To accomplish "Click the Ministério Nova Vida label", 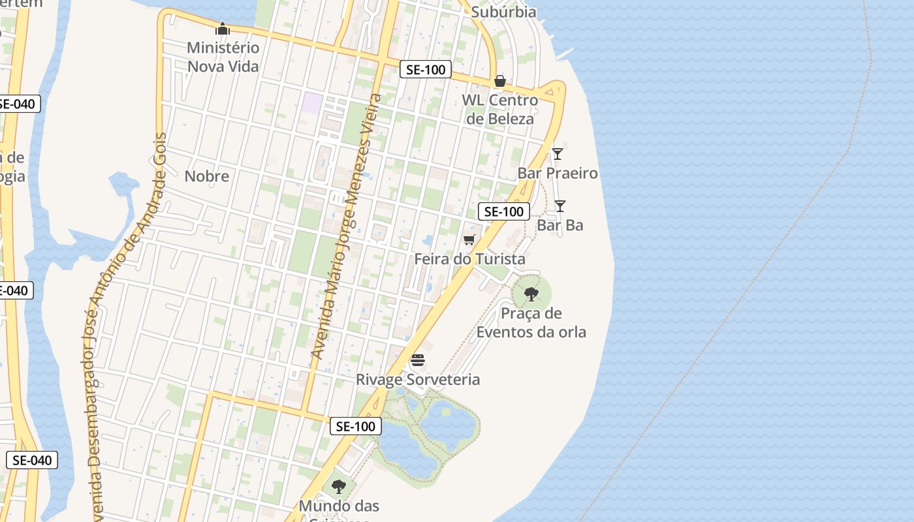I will pyautogui.click(x=223, y=57).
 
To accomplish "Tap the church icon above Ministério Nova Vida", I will pyautogui.click(x=223, y=29).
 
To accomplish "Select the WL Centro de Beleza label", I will pyautogui.click(x=500, y=109).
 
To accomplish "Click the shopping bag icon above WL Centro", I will pyautogui.click(x=500, y=81).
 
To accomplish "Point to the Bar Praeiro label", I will pyautogui.click(x=558, y=173).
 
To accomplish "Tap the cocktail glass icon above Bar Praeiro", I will pyautogui.click(x=558, y=154).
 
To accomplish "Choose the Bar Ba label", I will pyautogui.click(x=560, y=225).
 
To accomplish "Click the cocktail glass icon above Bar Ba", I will pyautogui.click(x=560, y=206).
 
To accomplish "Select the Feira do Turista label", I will pyautogui.click(x=469, y=259).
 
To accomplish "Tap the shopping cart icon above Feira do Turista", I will pyautogui.click(x=469, y=239).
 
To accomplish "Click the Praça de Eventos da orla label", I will pyautogui.click(x=531, y=322).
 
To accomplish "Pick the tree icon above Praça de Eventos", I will pyautogui.click(x=531, y=294).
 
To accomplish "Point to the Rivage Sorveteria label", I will pyautogui.click(x=418, y=379).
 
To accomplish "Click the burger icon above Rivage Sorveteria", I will pyautogui.click(x=418, y=360).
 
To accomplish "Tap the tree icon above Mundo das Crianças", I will pyautogui.click(x=339, y=486).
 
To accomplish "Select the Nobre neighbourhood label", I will pyautogui.click(x=207, y=176).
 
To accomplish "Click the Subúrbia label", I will pyautogui.click(x=503, y=12).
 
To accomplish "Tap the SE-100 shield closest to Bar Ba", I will pyautogui.click(x=503, y=211).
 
